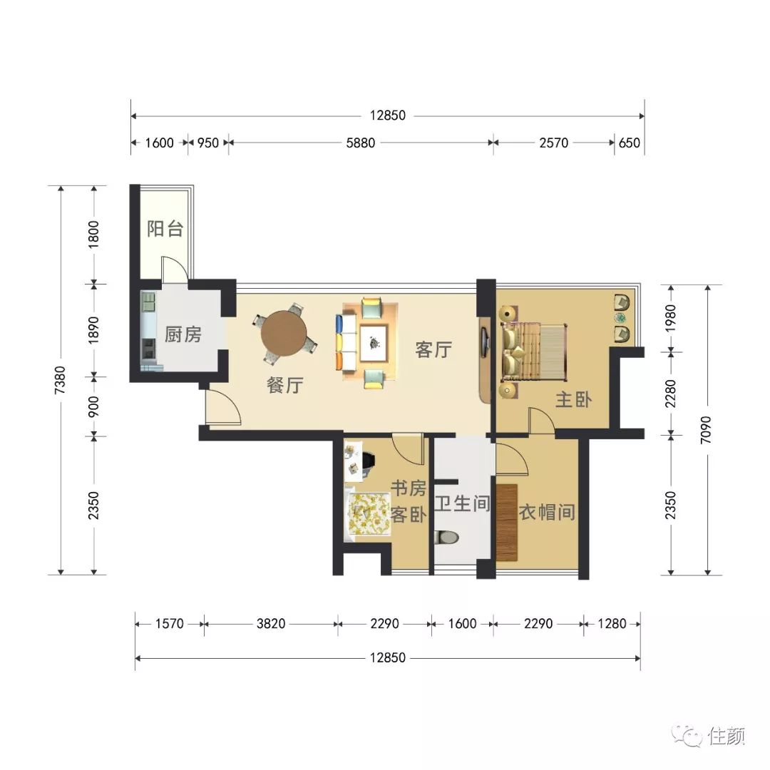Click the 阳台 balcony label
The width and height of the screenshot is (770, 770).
tap(165, 229)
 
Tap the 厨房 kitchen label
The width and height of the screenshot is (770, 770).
tap(183, 334)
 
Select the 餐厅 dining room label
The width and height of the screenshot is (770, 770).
tap(284, 385)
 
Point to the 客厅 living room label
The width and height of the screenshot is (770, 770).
tap(433, 349)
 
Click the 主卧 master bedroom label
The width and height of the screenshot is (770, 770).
tap(573, 400)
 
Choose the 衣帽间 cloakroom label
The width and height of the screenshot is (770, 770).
tap(547, 512)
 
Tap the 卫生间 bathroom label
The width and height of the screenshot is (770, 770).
tap(462, 503)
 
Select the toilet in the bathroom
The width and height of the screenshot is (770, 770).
tap(447, 538)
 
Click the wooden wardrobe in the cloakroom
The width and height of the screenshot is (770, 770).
tap(507, 523)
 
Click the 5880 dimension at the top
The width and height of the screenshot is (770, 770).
tap(361, 143)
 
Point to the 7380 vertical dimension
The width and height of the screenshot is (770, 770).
tap(60, 381)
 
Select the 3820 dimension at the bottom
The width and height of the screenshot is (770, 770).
tap(271, 624)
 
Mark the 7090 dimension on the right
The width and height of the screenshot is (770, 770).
tap(706, 430)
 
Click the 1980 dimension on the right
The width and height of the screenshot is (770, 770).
tap(670, 318)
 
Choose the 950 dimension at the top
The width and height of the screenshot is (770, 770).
tap(207, 143)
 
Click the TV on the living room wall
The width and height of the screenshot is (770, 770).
tap(484, 342)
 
